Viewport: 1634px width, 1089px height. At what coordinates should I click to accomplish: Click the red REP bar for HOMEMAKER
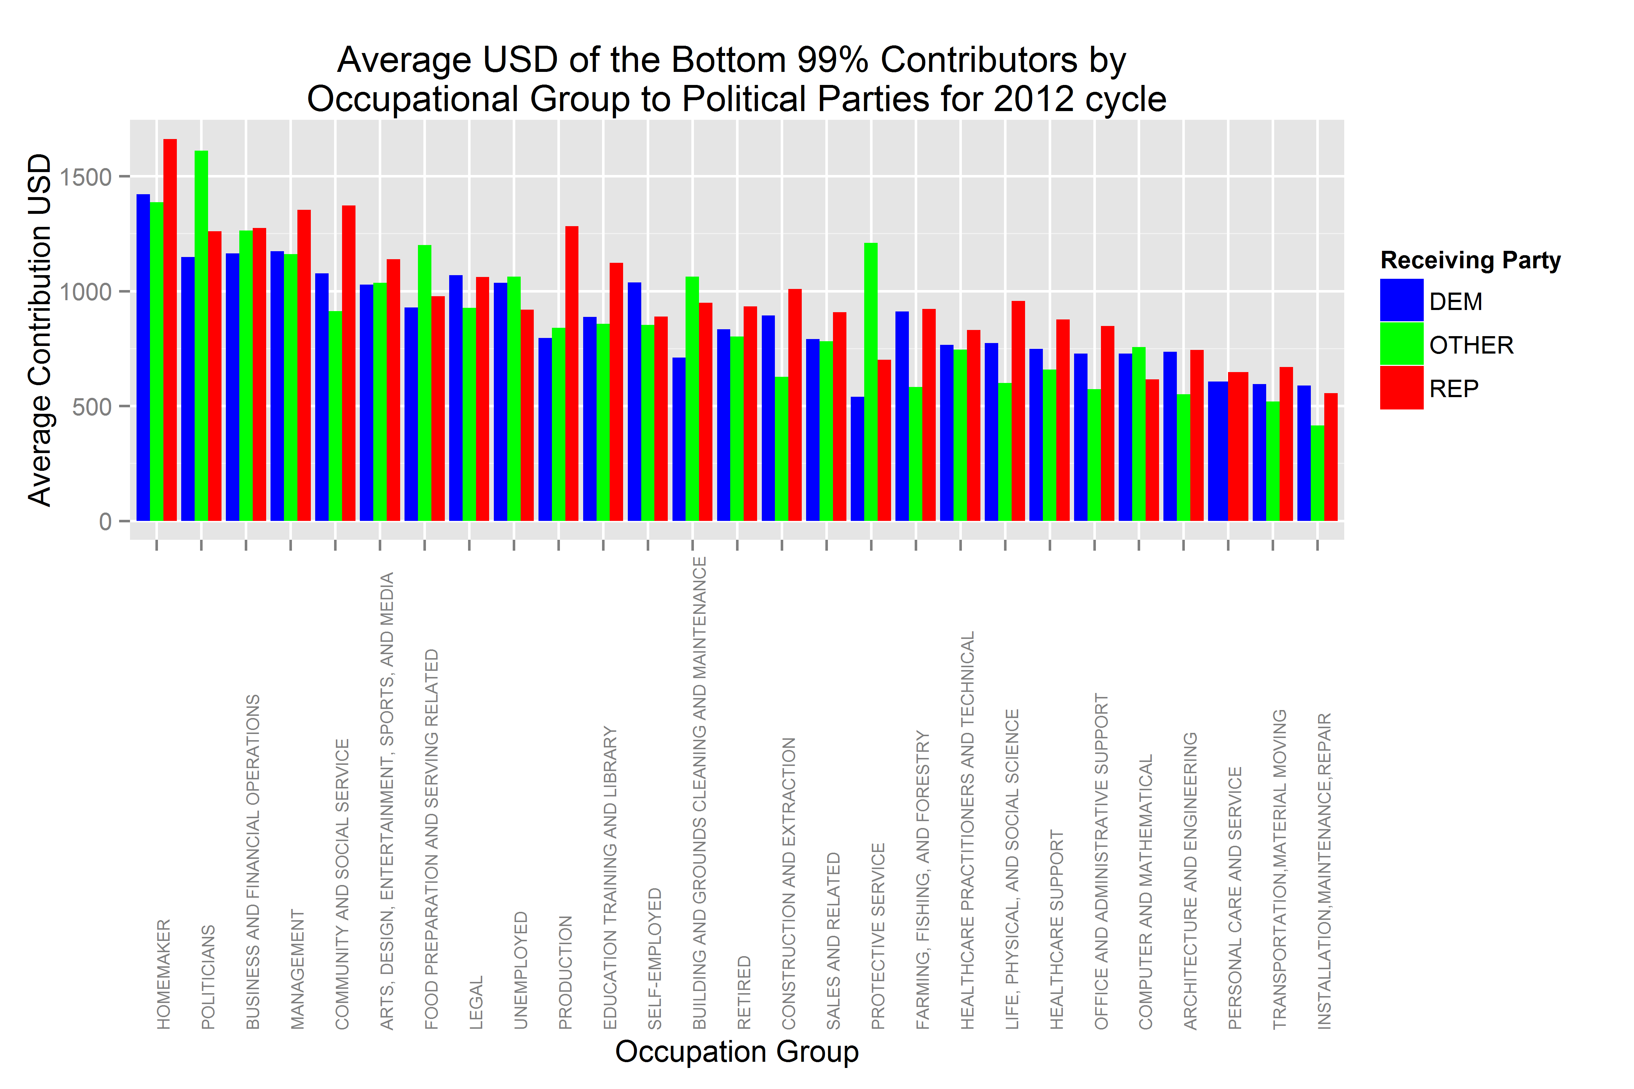[x=170, y=330]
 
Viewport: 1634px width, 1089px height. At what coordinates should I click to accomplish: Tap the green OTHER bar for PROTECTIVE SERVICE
[x=871, y=382]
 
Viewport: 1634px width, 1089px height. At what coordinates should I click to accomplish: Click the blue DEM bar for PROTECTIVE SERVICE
[x=857, y=458]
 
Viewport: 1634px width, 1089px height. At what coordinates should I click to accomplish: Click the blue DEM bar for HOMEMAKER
[x=143, y=358]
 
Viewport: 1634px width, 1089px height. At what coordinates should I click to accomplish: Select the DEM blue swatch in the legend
[x=1401, y=301]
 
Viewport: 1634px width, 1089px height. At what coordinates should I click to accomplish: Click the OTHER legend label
[x=1471, y=345]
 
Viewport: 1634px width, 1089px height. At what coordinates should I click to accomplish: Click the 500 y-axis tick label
[x=92, y=406]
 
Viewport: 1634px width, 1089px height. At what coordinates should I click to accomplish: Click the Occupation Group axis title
[x=736, y=1052]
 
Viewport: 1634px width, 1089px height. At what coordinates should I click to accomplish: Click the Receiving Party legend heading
[x=1470, y=260]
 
